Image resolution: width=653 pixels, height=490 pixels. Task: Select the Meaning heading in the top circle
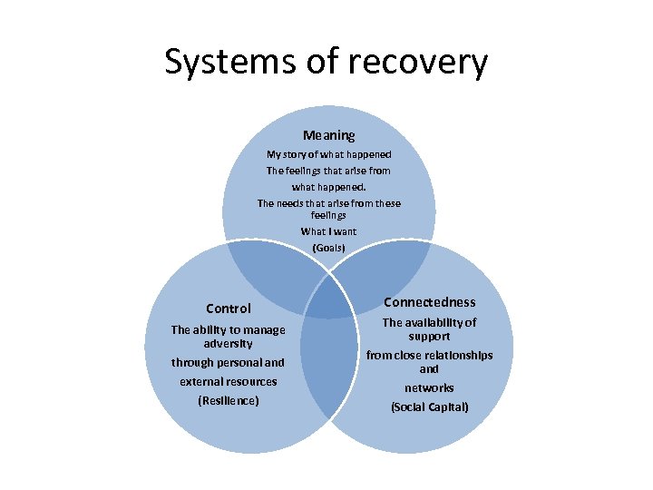click(328, 135)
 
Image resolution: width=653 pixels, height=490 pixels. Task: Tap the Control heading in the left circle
click(229, 309)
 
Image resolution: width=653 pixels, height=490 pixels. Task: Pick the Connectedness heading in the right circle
click(429, 302)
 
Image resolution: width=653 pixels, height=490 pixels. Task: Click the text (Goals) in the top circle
click(328, 247)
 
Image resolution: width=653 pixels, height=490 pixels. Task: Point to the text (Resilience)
click(228, 400)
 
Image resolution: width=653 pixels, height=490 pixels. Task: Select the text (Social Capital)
click(429, 407)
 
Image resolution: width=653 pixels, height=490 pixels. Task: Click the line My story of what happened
click(328, 154)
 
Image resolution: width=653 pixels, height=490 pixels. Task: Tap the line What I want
click(328, 231)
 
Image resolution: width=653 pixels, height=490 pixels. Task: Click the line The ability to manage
click(228, 330)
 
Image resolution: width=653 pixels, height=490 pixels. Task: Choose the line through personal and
click(228, 363)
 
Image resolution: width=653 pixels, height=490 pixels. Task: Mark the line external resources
click(228, 381)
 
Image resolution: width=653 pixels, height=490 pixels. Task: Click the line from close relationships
click(429, 355)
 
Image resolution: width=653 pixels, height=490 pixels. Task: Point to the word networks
click(429, 387)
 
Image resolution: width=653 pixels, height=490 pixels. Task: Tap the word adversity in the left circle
click(228, 344)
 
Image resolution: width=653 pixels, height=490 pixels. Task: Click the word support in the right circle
click(429, 336)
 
